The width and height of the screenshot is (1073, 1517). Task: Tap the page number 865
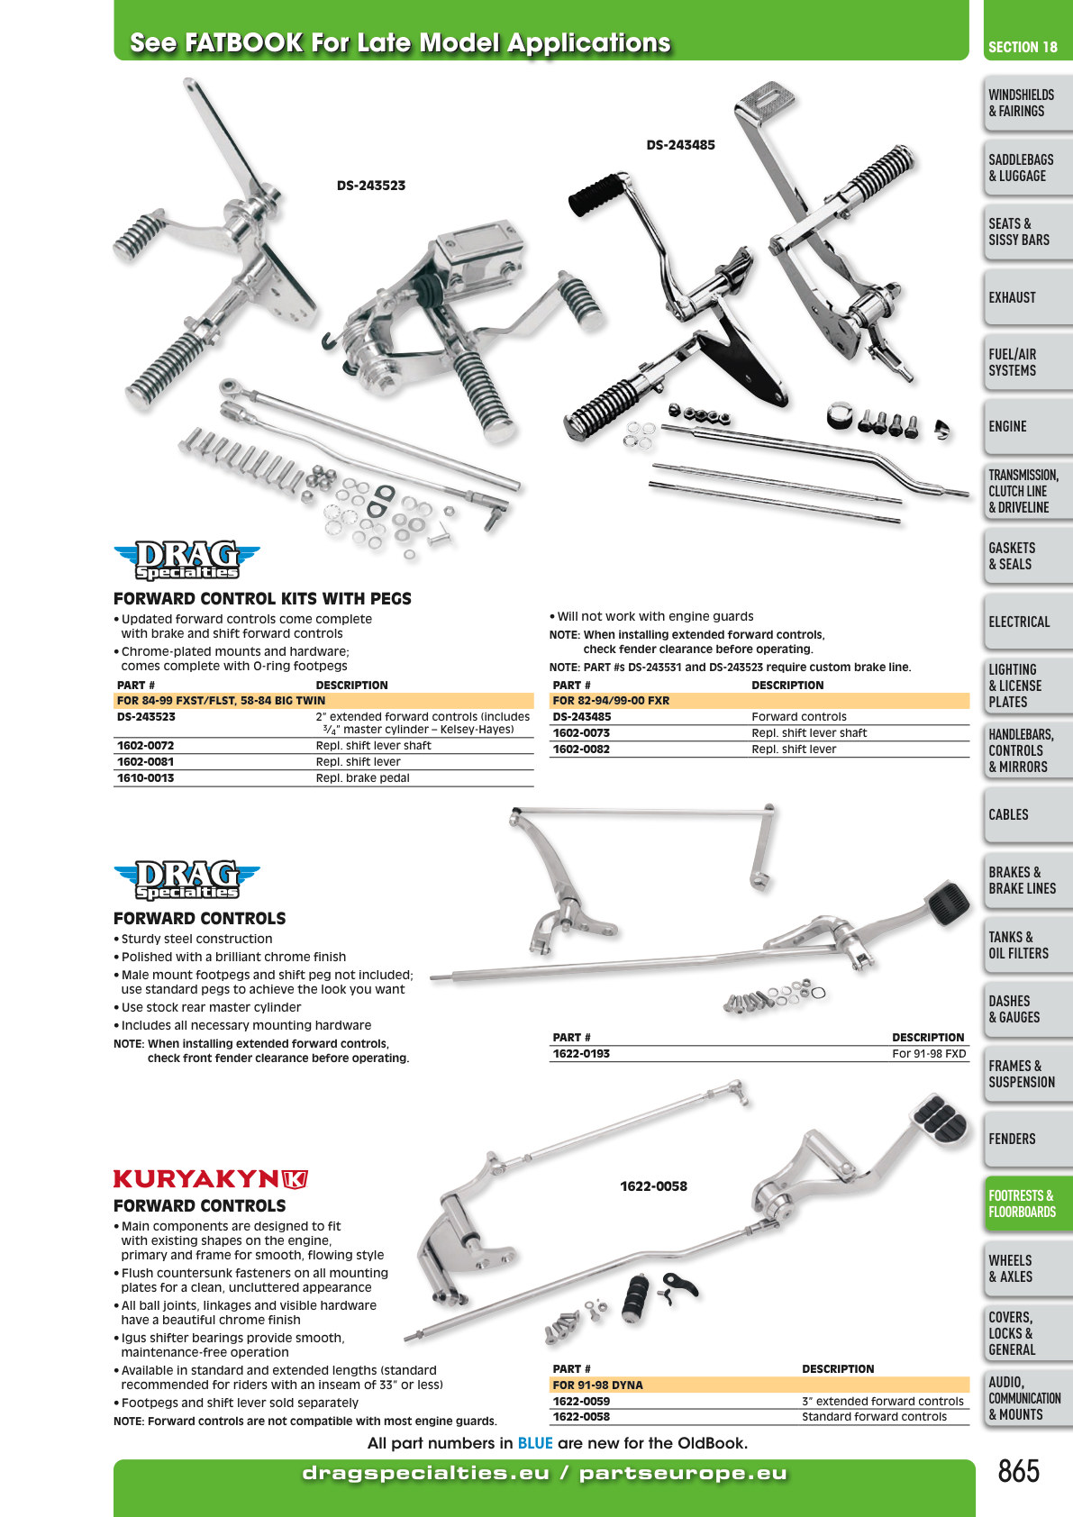tap(1018, 1471)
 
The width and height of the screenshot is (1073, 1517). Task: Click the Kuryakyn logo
tap(211, 1179)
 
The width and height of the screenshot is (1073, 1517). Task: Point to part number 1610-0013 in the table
tap(146, 778)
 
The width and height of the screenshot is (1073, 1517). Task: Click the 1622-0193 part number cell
tap(581, 1054)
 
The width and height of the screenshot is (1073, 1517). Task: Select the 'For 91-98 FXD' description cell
tap(929, 1054)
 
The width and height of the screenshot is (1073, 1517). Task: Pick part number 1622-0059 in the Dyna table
tap(581, 1401)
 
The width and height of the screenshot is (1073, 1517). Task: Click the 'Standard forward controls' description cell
tap(874, 1417)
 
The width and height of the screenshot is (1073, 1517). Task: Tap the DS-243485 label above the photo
tap(680, 145)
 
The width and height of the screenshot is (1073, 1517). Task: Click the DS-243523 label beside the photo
tap(371, 186)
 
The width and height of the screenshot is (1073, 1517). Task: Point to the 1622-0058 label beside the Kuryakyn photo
tap(654, 1185)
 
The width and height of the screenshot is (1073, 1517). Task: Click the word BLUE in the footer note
tap(535, 1443)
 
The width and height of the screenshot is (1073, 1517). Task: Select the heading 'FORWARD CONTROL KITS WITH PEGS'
tap(262, 599)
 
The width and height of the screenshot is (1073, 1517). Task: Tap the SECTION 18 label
tap(1023, 47)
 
